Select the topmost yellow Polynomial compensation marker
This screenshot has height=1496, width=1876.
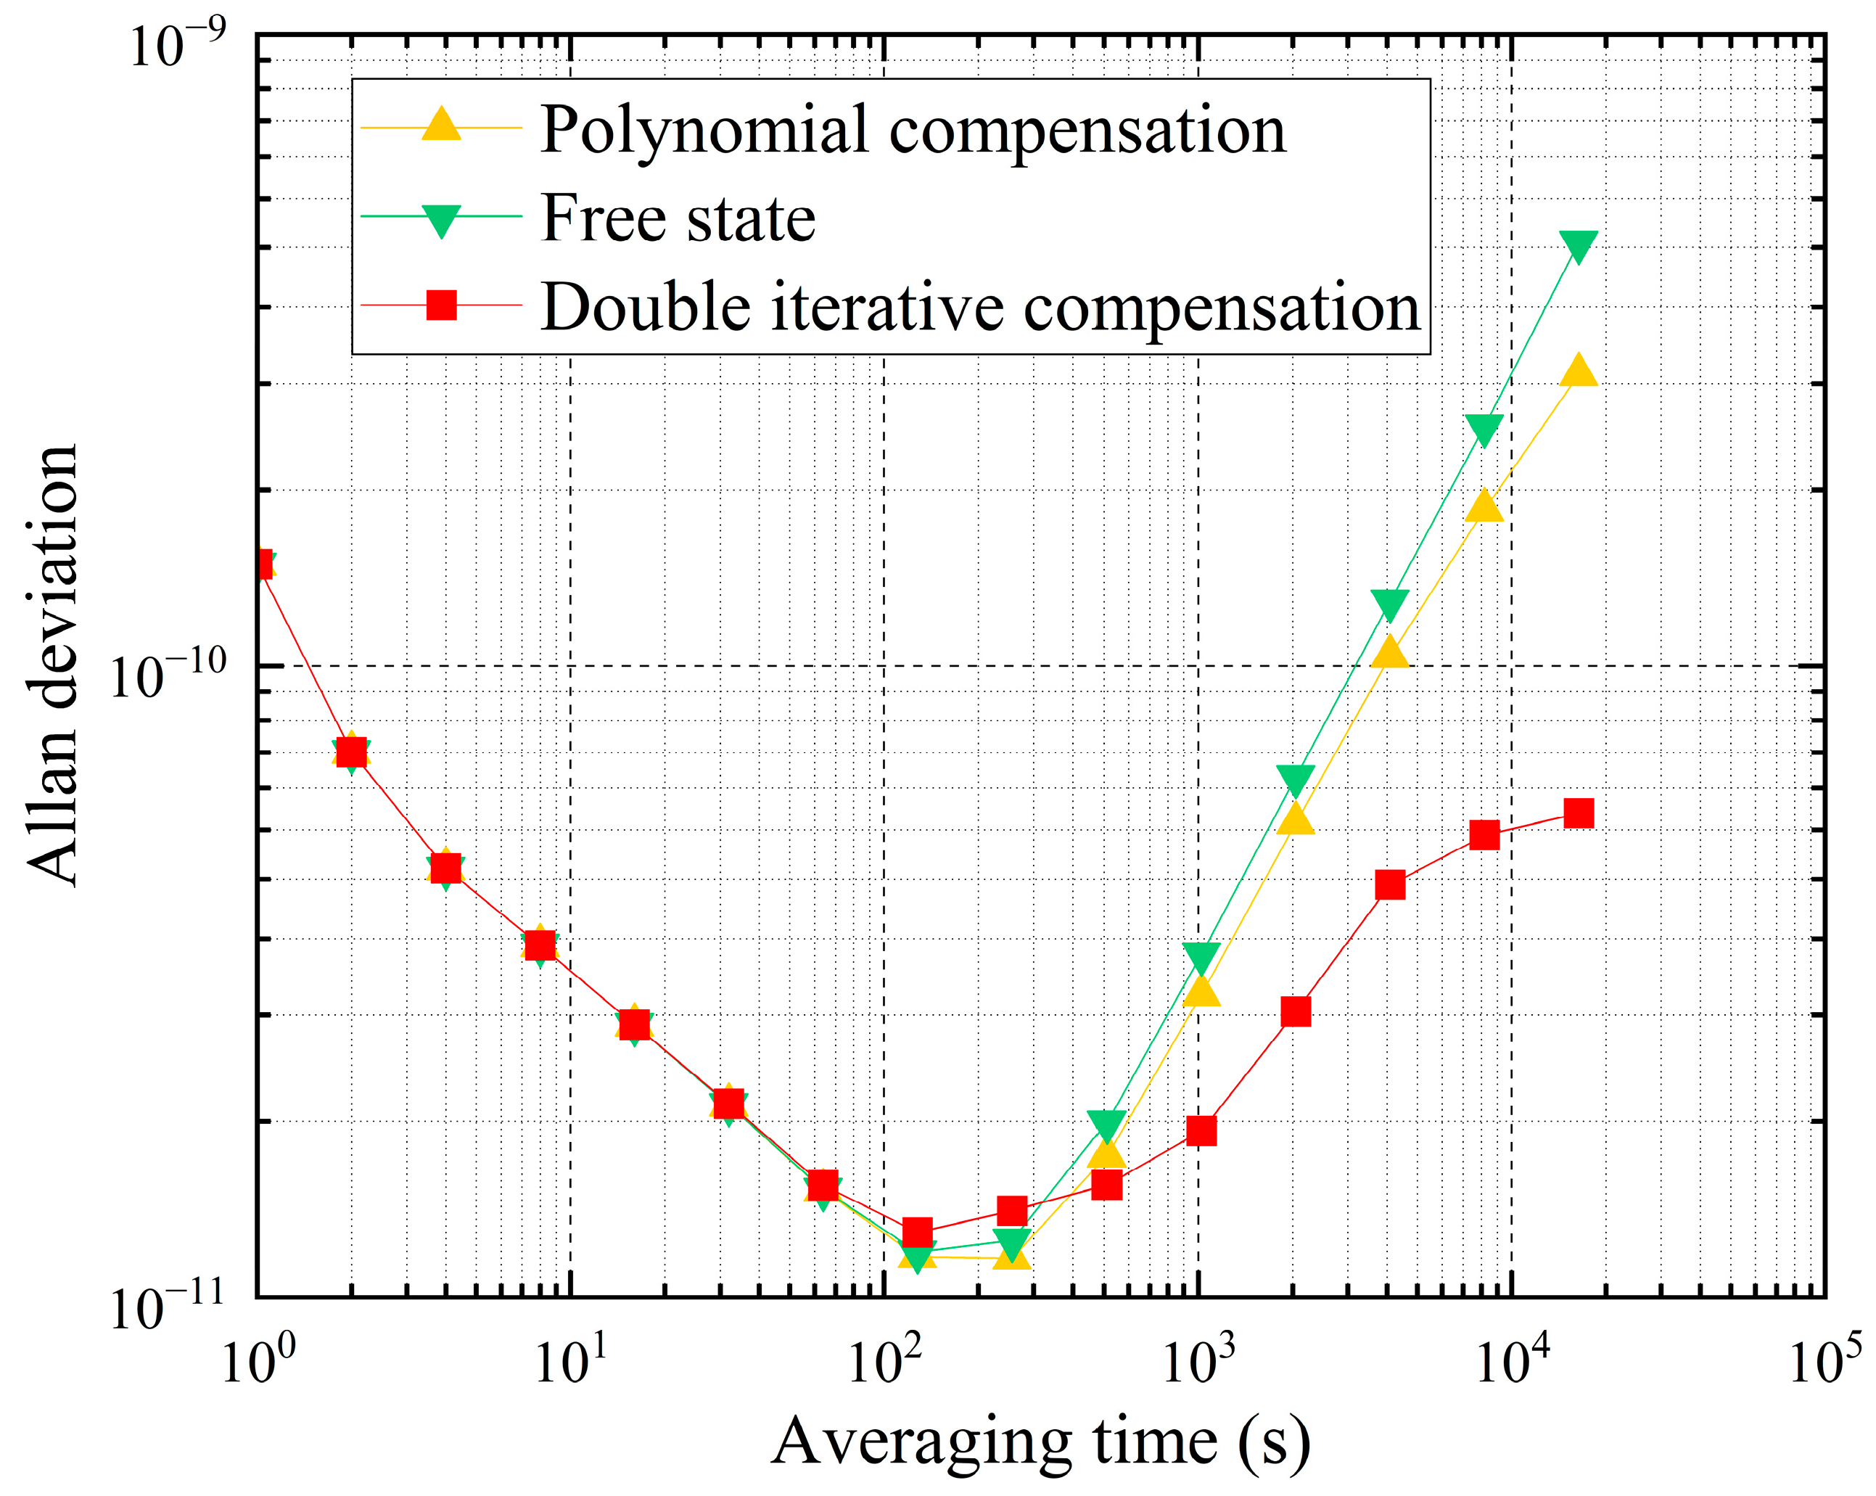(1579, 372)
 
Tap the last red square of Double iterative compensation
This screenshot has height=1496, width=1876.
(1579, 814)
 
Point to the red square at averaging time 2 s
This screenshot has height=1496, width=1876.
(350, 751)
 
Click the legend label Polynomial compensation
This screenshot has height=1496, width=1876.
(912, 130)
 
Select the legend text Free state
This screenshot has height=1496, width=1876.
(678, 218)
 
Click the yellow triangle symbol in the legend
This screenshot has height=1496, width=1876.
(441, 126)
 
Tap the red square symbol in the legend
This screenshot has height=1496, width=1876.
(441, 305)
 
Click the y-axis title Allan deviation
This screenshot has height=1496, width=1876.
(52, 666)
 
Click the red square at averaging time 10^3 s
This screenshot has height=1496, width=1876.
(1201, 1131)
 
